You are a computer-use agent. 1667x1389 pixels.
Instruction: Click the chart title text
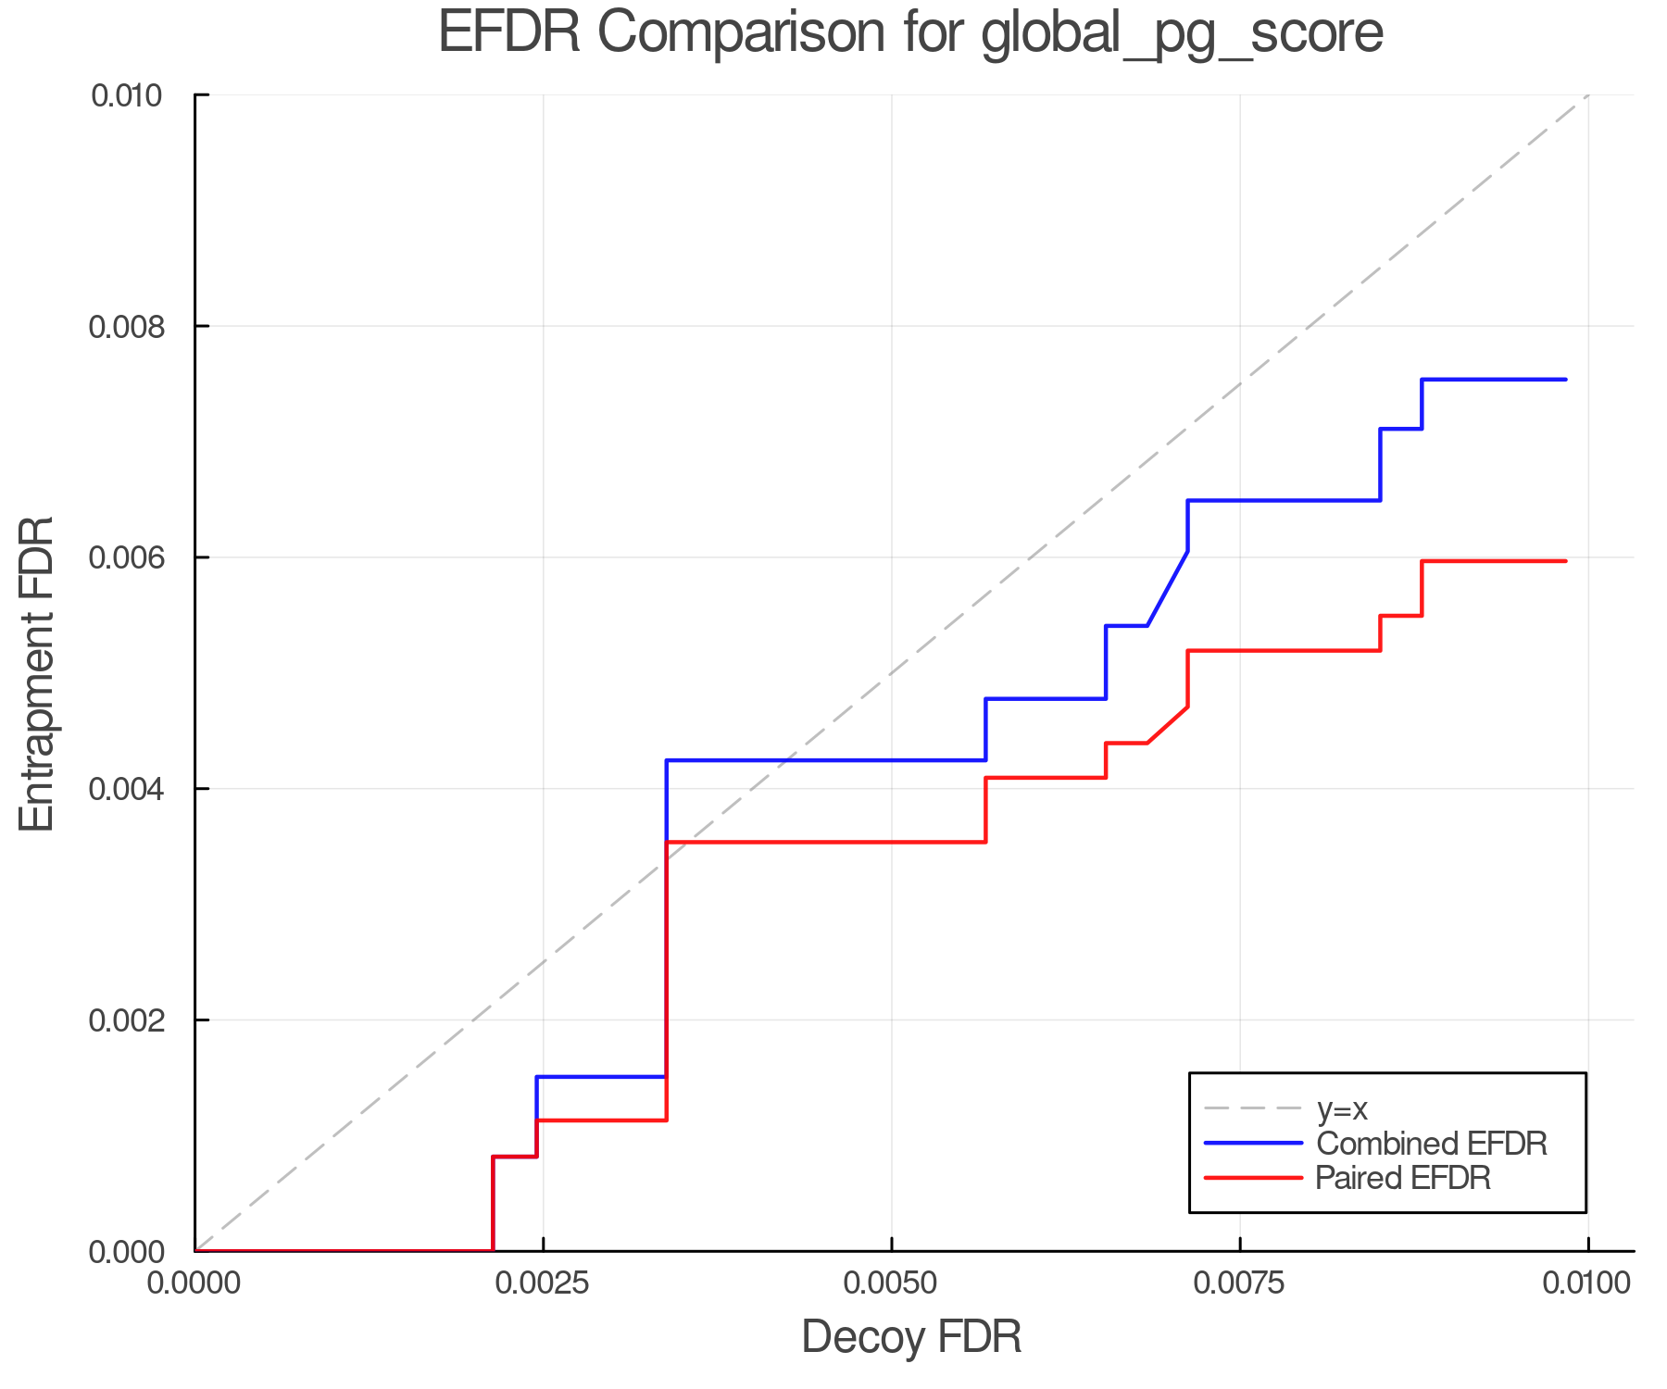tap(910, 33)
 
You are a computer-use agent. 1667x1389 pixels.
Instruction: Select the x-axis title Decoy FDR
tap(910, 1336)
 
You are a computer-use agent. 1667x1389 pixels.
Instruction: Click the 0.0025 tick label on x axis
tap(543, 1283)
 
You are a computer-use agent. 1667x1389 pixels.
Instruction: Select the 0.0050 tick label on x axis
tap(891, 1283)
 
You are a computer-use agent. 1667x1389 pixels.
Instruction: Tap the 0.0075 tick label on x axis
tap(1239, 1283)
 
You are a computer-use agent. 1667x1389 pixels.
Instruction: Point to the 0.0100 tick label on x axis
tap(1587, 1283)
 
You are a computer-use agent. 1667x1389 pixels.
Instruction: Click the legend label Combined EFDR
tap(1431, 1144)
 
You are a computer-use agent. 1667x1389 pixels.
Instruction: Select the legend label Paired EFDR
tap(1403, 1178)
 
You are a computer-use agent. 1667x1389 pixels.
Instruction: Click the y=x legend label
tap(1342, 1109)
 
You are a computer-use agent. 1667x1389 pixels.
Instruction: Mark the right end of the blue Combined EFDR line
tap(1565, 380)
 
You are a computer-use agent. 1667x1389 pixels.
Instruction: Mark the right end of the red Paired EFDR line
tap(1565, 561)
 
